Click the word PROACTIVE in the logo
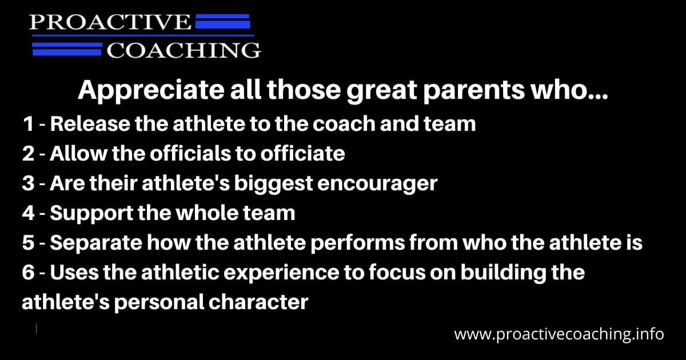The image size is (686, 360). click(110, 23)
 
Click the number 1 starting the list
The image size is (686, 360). click(27, 123)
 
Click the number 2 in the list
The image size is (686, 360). click(29, 153)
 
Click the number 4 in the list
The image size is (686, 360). click(29, 213)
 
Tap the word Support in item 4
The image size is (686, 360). click(86, 213)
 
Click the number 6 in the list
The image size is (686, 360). click(29, 273)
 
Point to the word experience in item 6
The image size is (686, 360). click(275, 273)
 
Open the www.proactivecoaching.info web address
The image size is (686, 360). click(559, 334)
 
